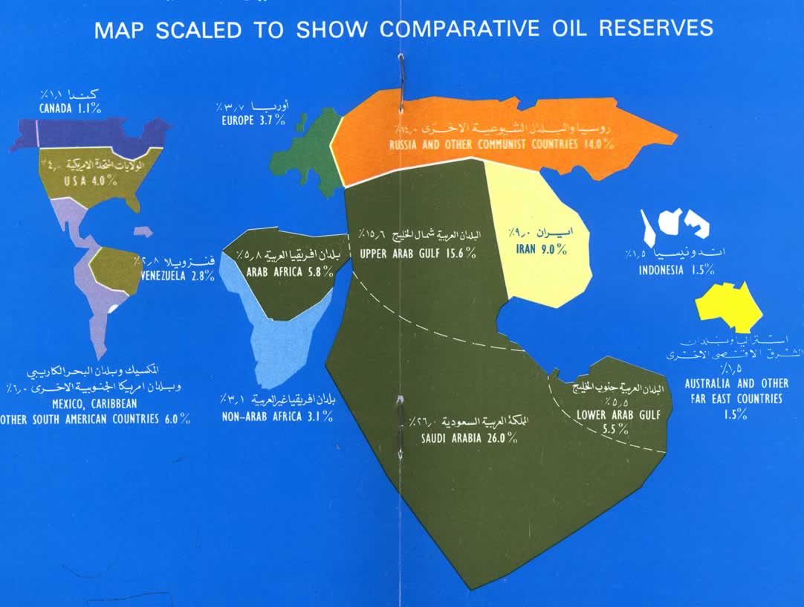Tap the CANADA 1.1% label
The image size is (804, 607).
pyautogui.click(x=71, y=108)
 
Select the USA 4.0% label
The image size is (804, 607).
pyautogui.click(x=83, y=179)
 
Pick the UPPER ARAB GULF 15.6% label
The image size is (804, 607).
pyautogui.click(x=418, y=254)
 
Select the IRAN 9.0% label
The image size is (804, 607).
pyautogui.click(x=542, y=249)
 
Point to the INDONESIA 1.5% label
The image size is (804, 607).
pyautogui.click(x=677, y=270)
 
